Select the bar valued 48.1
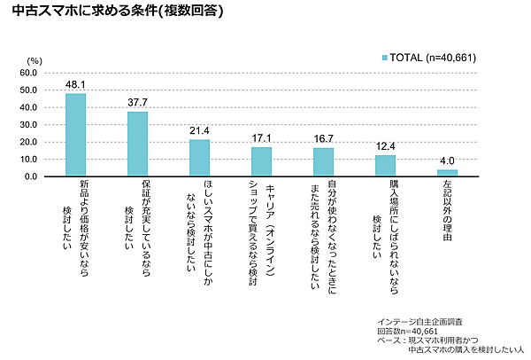[x=75, y=135]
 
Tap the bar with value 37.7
[x=137, y=144]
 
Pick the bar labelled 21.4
[x=199, y=158]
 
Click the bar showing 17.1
[x=261, y=161]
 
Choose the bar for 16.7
[x=323, y=162]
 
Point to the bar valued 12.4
[x=385, y=166]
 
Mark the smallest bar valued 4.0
[x=447, y=173]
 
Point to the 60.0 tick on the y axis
[x=27, y=73]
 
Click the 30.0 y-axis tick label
[x=27, y=125]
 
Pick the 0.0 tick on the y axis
[x=30, y=177]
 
